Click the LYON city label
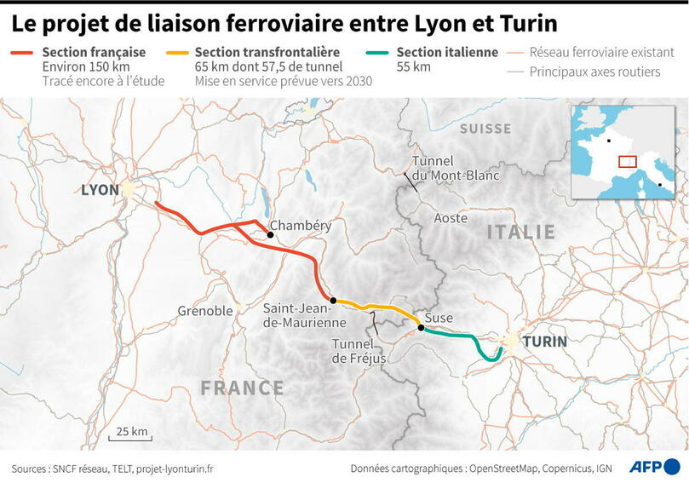click(x=100, y=189)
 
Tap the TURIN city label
click(x=544, y=342)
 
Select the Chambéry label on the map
click(x=300, y=226)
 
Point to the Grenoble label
click(x=205, y=311)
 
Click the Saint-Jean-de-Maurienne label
click(x=304, y=315)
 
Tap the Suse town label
click(x=439, y=318)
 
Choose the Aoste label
click(x=451, y=218)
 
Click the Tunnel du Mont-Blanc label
click(x=455, y=169)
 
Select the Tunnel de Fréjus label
click(x=359, y=351)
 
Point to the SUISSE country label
click(x=485, y=129)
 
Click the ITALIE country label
click(x=520, y=232)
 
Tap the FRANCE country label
click(x=242, y=388)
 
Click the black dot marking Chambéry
click(x=270, y=234)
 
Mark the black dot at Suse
click(x=421, y=327)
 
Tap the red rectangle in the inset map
click(x=627, y=161)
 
